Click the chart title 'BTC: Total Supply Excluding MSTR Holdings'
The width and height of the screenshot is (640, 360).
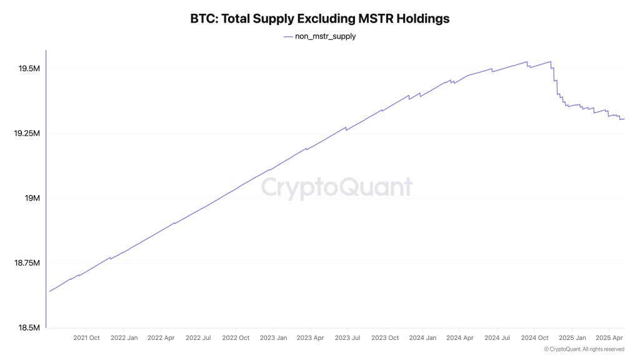point(319,19)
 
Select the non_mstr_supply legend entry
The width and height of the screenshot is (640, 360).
point(319,36)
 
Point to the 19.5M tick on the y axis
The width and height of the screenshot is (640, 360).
point(29,69)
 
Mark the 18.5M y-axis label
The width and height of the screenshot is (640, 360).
point(29,328)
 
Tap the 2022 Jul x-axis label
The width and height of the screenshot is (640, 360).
point(197,338)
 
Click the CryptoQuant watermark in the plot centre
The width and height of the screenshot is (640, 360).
point(336,188)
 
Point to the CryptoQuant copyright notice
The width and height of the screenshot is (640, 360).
point(584,349)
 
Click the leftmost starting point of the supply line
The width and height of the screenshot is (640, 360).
point(49,291)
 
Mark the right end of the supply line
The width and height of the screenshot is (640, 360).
point(624,119)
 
